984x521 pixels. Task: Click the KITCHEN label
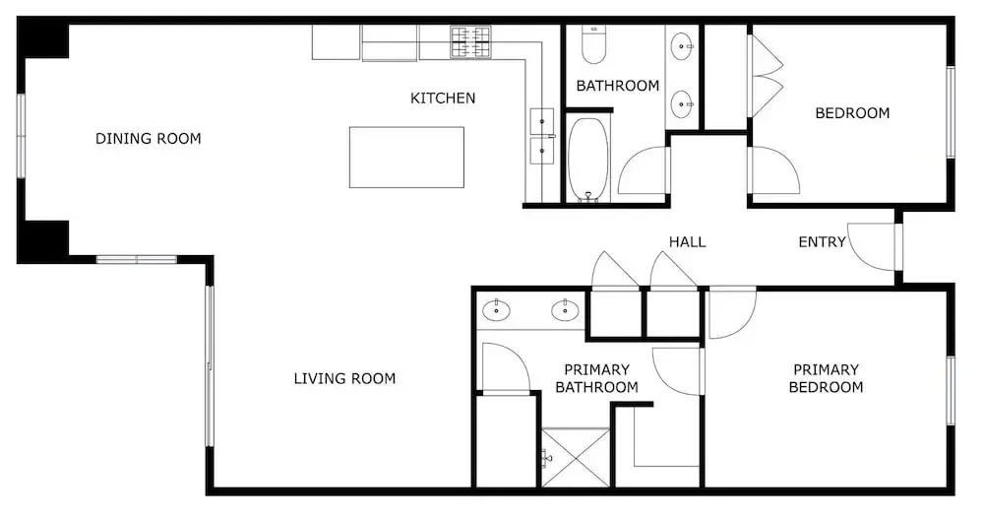pos(443,98)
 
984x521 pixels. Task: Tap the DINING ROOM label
pos(149,138)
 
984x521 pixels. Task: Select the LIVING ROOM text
pos(344,378)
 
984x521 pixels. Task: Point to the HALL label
pos(687,242)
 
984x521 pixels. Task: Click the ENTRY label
pos(822,242)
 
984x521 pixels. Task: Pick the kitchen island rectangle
pos(406,158)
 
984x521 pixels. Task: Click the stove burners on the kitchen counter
pos(470,41)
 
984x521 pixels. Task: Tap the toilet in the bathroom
pos(593,44)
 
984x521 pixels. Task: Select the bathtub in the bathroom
pos(588,160)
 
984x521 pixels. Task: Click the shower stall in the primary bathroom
pos(576,457)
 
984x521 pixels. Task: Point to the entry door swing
pos(872,246)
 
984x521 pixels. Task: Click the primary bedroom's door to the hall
pos(732,312)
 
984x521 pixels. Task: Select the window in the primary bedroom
pos(951,390)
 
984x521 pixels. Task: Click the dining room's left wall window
pos(21,136)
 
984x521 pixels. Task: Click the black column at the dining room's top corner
pos(42,37)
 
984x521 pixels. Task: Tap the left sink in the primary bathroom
pos(496,310)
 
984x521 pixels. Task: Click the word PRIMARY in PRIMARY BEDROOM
pos(826,369)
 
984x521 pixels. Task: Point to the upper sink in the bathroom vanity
pos(682,45)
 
